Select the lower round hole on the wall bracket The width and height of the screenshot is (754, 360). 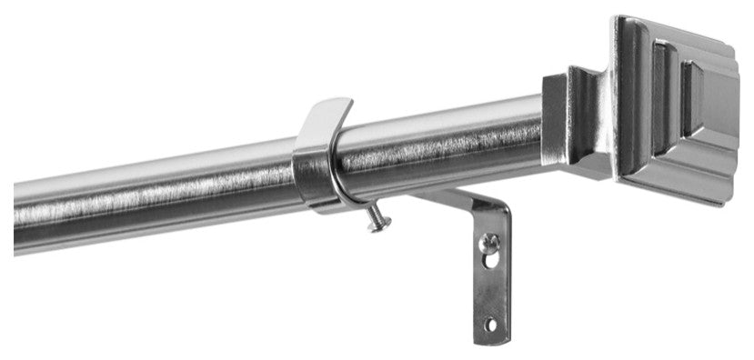(491, 323)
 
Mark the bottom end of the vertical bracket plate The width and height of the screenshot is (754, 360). (491, 339)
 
